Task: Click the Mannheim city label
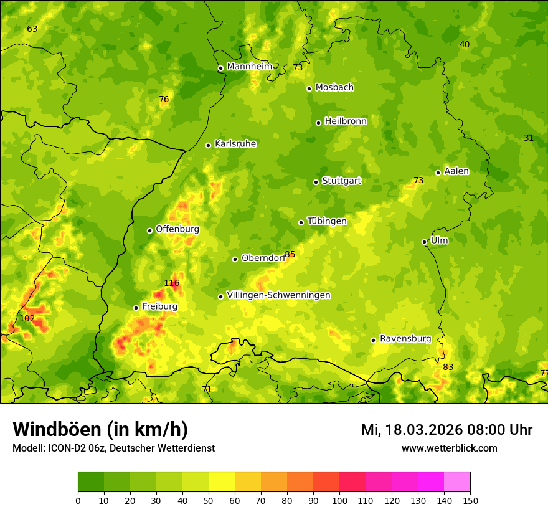[249, 67]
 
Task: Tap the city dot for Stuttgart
[316, 182]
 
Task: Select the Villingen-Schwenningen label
[278, 295]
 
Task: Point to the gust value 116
[171, 283]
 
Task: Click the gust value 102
[27, 318]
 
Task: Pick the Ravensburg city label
[405, 339]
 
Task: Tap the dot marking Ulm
[424, 242]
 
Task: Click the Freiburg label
[159, 306]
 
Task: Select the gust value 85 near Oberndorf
[290, 254]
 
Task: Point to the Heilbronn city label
[346, 121]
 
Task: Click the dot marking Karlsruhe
[208, 145]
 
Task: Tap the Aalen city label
[456, 171]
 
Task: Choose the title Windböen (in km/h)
[100, 429]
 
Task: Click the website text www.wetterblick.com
[449, 448]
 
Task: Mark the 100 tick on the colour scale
[339, 500]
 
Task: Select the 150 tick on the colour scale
[470, 500]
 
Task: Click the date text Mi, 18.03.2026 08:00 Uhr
[446, 430]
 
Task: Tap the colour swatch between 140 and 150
[457, 481]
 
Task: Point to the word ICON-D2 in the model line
[65, 448]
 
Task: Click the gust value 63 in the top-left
[32, 29]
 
